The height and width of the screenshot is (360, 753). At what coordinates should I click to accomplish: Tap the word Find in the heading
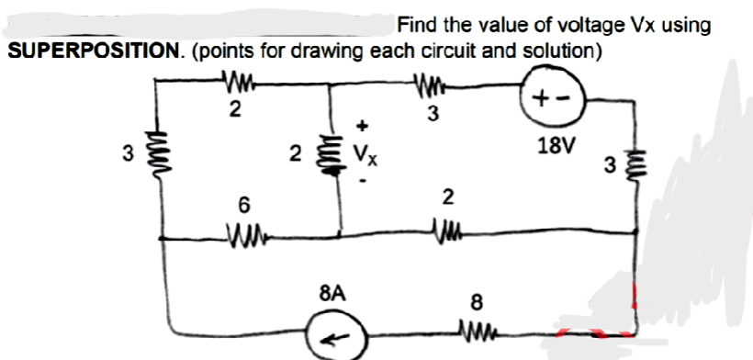415,25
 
